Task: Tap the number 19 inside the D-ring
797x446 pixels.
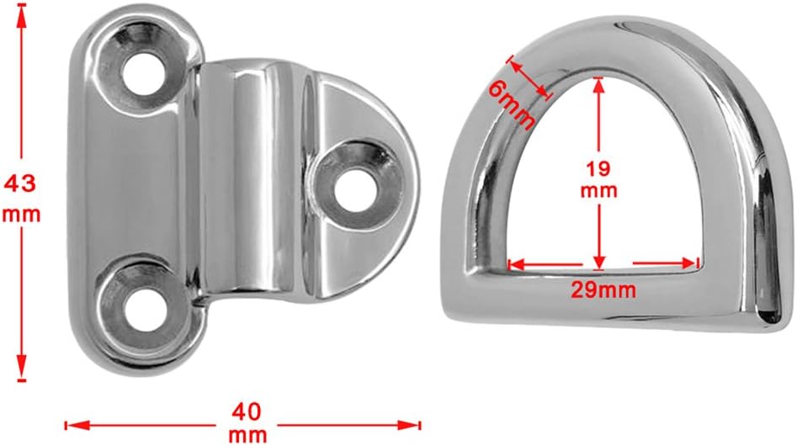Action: coord(598,168)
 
